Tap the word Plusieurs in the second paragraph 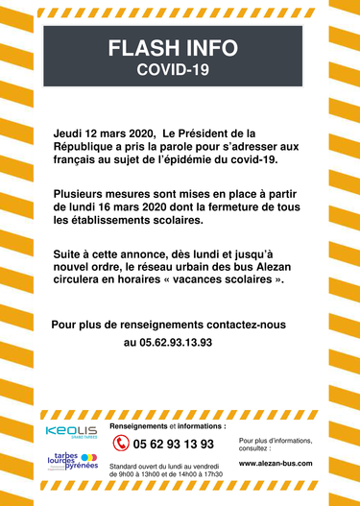[84, 193]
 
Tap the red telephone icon [121, 444]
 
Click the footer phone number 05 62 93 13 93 [174, 444]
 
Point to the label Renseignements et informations [168, 424]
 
